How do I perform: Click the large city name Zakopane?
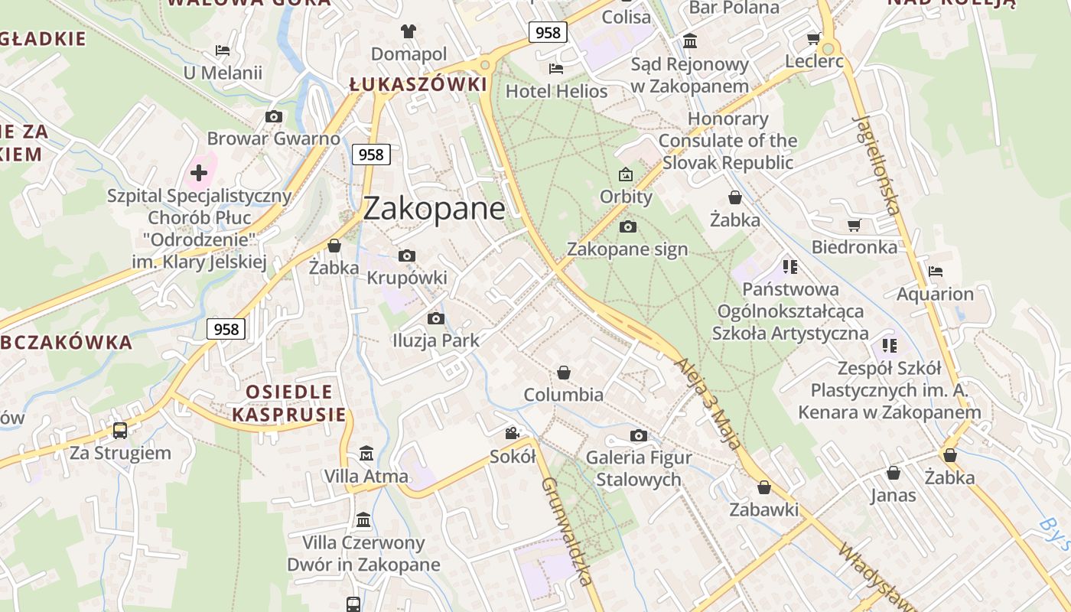(x=434, y=208)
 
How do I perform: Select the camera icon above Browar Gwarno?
(x=273, y=117)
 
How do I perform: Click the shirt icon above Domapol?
(x=409, y=31)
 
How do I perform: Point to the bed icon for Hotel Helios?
(x=556, y=69)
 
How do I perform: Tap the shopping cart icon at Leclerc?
(x=813, y=38)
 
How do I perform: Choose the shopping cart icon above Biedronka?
(x=854, y=225)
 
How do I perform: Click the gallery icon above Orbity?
(x=626, y=174)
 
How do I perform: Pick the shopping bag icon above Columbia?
(x=564, y=373)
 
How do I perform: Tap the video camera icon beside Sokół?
(x=512, y=434)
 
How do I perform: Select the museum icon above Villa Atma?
(x=366, y=453)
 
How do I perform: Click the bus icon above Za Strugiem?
(x=120, y=430)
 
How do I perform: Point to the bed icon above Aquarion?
(x=935, y=271)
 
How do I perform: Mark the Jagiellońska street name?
(x=877, y=164)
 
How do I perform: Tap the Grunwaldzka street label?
(x=567, y=531)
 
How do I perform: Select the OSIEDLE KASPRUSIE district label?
(x=289, y=403)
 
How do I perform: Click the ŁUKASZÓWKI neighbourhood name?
(x=418, y=84)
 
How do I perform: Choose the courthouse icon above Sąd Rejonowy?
(x=689, y=41)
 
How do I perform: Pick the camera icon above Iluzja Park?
(x=436, y=318)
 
